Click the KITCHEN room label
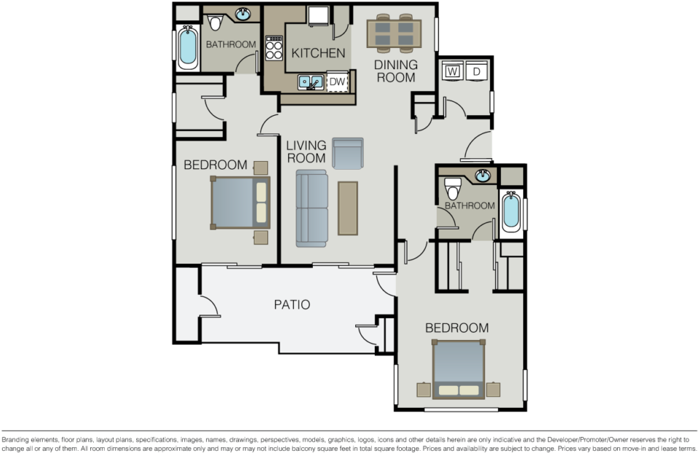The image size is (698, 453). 318,53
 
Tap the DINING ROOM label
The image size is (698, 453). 396,71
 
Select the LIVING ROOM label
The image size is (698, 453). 306,151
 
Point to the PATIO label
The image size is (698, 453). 292,304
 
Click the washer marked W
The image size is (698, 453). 453,71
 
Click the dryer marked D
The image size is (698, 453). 476,71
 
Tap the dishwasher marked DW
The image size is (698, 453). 337,82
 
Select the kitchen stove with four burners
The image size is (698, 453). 274,48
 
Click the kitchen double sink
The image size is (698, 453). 311,82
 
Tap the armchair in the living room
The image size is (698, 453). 347,153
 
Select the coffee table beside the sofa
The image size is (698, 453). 348,208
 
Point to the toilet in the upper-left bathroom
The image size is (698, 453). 215,23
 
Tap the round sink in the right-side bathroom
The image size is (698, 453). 483,176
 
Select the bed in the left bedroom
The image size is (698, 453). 240,202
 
